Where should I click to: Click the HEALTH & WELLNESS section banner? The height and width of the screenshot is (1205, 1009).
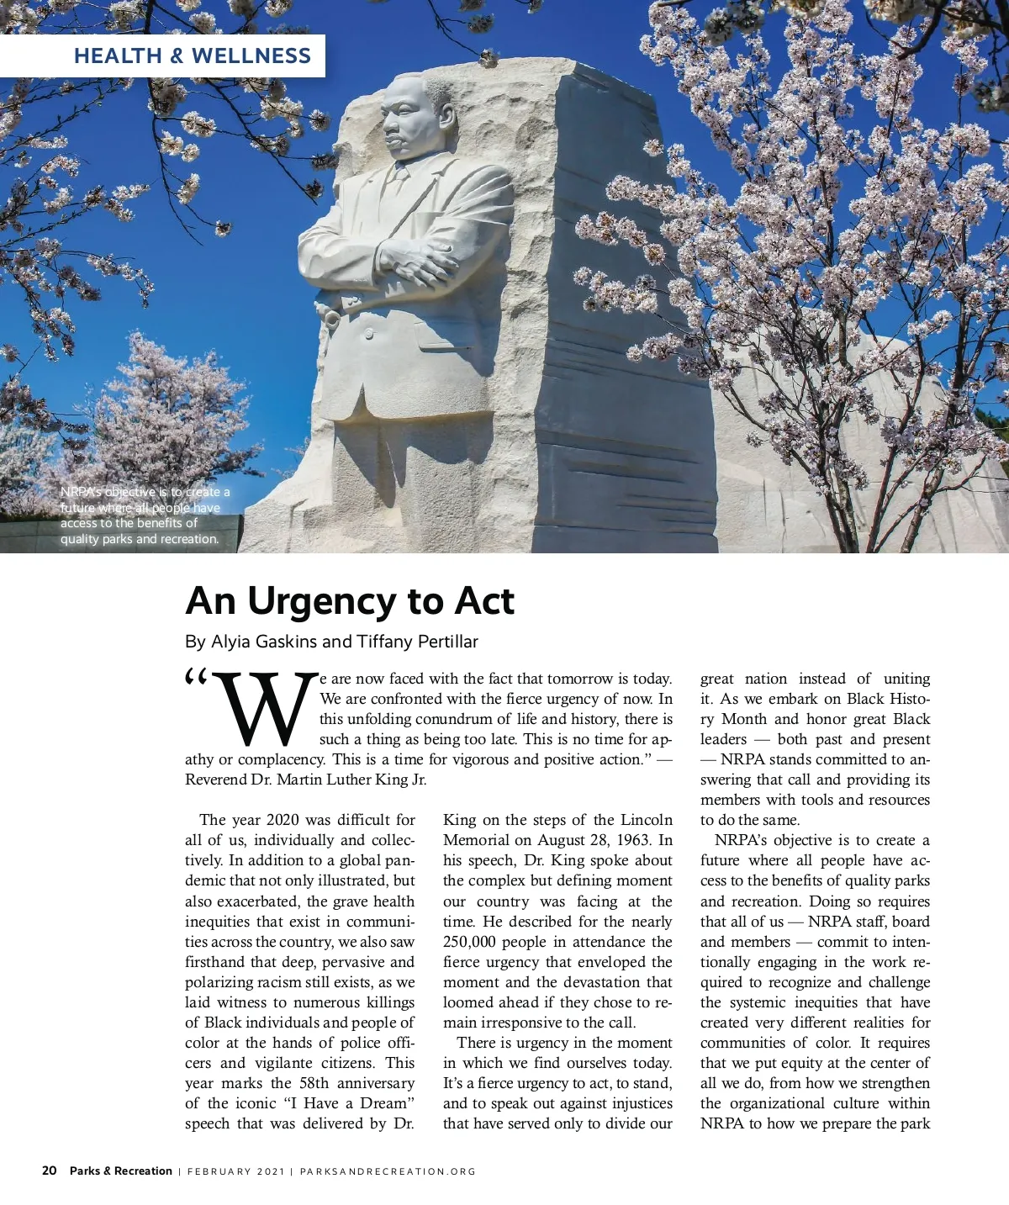pyautogui.click(x=192, y=56)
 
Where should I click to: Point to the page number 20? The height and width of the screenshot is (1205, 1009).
pyautogui.click(x=50, y=1171)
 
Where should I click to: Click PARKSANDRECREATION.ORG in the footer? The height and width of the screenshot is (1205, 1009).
pyautogui.click(x=388, y=1171)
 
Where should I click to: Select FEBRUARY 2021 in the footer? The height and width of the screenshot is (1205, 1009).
pyautogui.click(x=236, y=1171)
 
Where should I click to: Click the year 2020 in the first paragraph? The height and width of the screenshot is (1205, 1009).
pyautogui.click(x=283, y=820)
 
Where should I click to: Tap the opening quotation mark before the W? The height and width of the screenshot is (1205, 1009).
pyautogui.click(x=195, y=678)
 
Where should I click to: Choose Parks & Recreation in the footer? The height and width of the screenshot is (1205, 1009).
pyautogui.click(x=121, y=1171)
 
